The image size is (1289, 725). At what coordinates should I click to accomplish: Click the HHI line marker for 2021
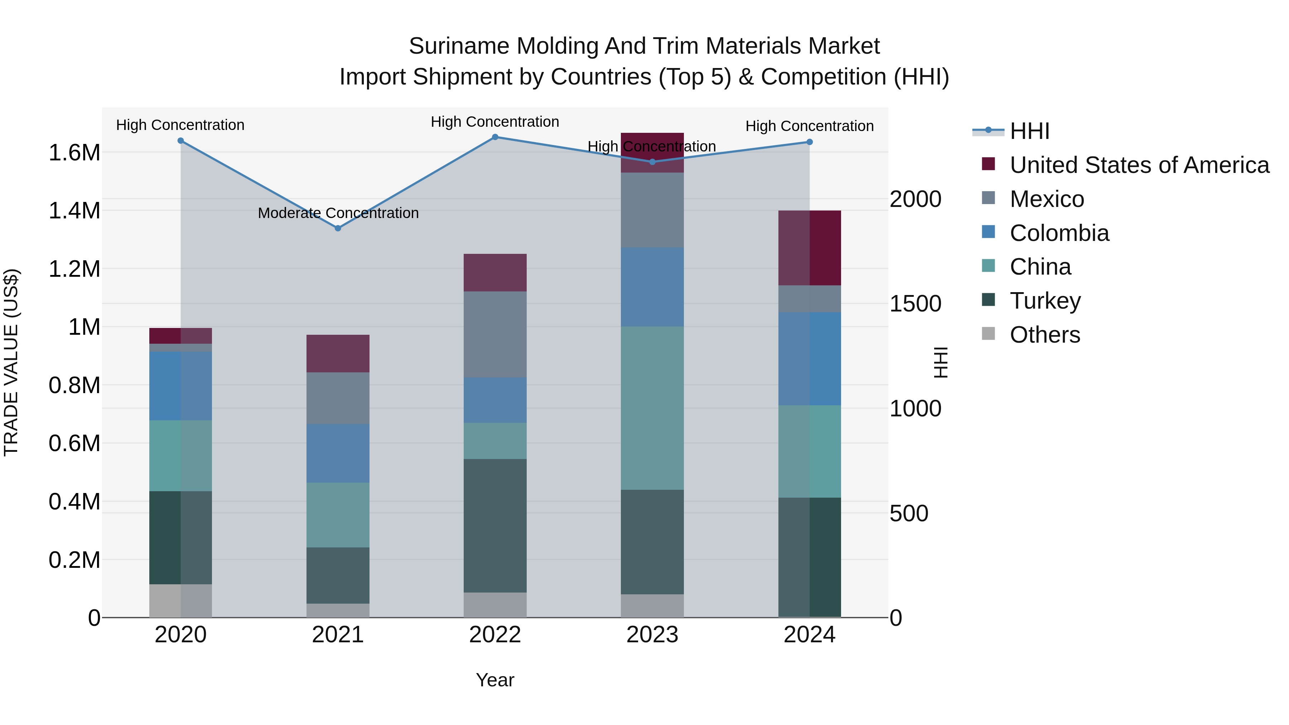pyautogui.click(x=338, y=228)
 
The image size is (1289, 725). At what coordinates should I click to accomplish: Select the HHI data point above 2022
pyautogui.click(x=495, y=137)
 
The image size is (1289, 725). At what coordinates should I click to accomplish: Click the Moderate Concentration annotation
pyautogui.click(x=338, y=213)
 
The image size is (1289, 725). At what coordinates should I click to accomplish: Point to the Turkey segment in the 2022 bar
pyautogui.click(x=495, y=525)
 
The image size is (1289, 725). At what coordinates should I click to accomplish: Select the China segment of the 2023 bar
pyautogui.click(x=652, y=408)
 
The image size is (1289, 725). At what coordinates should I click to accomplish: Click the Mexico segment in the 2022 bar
pyautogui.click(x=495, y=334)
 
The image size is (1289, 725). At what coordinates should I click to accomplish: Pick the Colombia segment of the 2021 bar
pyautogui.click(x=338, y=453)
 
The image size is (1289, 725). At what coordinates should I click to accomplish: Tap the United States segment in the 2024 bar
pyautogui.click(x=809, y=248)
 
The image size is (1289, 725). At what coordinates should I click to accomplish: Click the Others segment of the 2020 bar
pyautogui.click(x=181, y=600)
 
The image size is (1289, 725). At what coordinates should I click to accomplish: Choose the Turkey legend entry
pyautogui.click(x=1045, y=301)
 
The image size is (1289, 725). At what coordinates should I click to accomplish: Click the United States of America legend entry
pyautogui.click(x=1139, y=165)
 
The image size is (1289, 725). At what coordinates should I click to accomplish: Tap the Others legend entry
pyautogui.click(x=1044, y=335)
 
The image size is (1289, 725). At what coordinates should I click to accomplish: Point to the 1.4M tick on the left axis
pyautogui.click(x=74, y=211)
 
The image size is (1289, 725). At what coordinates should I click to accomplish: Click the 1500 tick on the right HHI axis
pyautogui.click(x=915, y=304)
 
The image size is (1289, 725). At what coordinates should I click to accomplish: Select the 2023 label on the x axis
pyautogui.click(x=652, y=635)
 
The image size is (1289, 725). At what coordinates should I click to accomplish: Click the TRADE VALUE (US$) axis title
pyautogui.click(x=11, y=362)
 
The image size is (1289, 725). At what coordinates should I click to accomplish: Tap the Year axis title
pyautogui.click(x=495, y=680)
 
